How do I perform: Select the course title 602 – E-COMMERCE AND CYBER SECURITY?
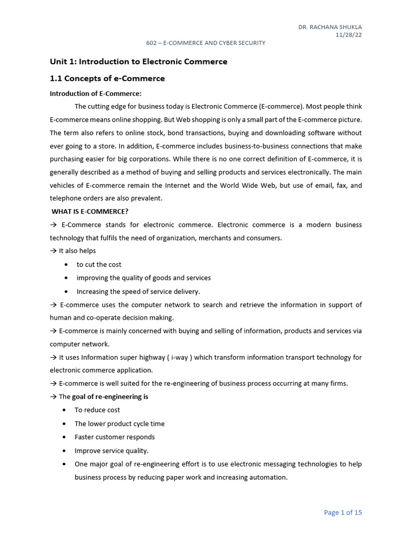206,43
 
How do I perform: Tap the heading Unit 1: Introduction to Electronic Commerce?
138,62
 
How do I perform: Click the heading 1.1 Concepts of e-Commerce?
107,79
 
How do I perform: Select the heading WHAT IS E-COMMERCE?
90,211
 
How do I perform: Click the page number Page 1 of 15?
343,513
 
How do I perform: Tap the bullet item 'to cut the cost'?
99,264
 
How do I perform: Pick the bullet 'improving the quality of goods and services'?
143,278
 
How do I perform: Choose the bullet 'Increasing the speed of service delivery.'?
138,292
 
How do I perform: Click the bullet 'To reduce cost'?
97,410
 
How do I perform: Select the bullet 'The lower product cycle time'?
120,424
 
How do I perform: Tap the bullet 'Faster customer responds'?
114,437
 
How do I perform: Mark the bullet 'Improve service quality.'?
112,451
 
